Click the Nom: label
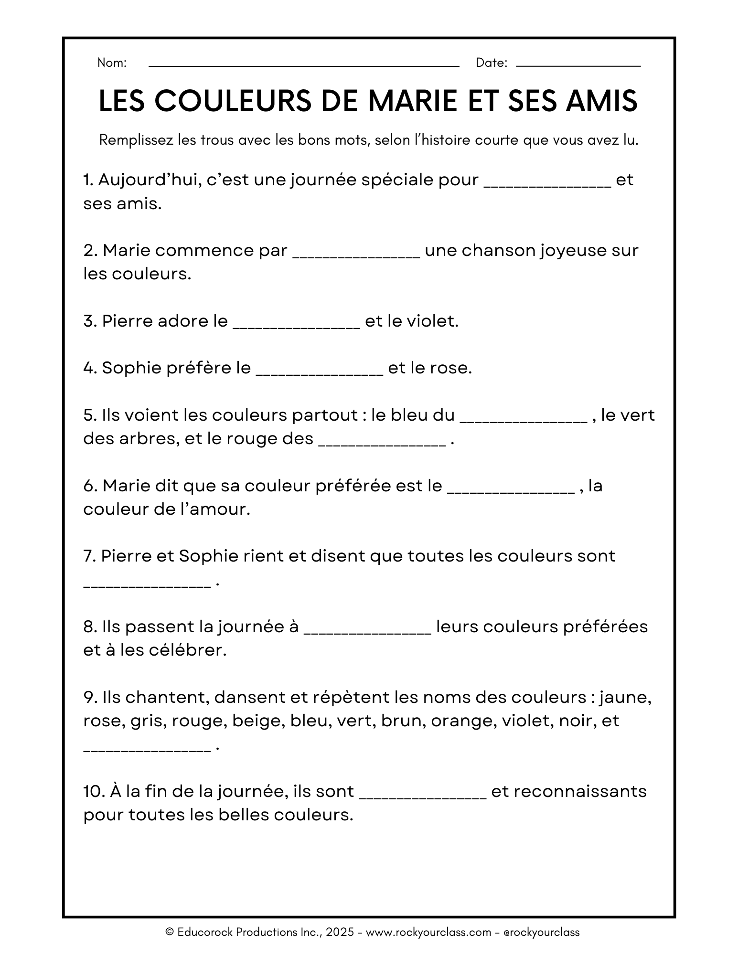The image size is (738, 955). (112, 63)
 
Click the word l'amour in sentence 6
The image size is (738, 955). (220, 509)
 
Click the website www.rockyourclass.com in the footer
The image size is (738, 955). (428, 932)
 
